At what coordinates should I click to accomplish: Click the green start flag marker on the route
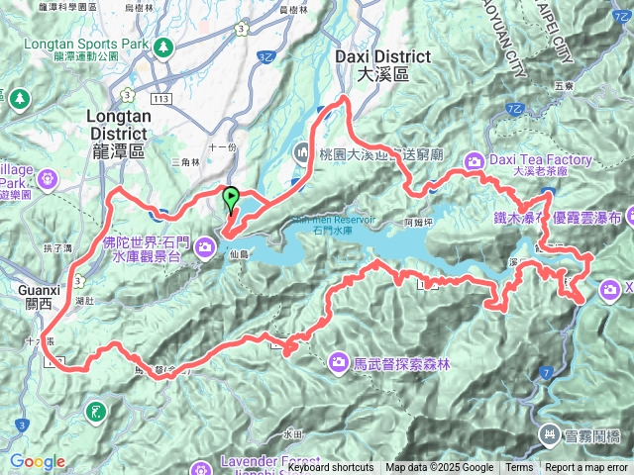coord(231,197)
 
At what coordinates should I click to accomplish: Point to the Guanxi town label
coord(43,290)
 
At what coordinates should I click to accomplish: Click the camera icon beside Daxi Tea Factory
coord(476,160)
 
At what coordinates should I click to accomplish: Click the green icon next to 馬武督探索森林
coord(337,364)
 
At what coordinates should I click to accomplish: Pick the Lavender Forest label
coord(267,463)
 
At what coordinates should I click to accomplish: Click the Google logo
coord(37,462)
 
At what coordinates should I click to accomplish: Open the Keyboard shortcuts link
coord(331,468)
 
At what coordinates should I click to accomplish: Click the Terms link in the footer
coord(519,468)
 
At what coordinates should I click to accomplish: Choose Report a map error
coord(586,468)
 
